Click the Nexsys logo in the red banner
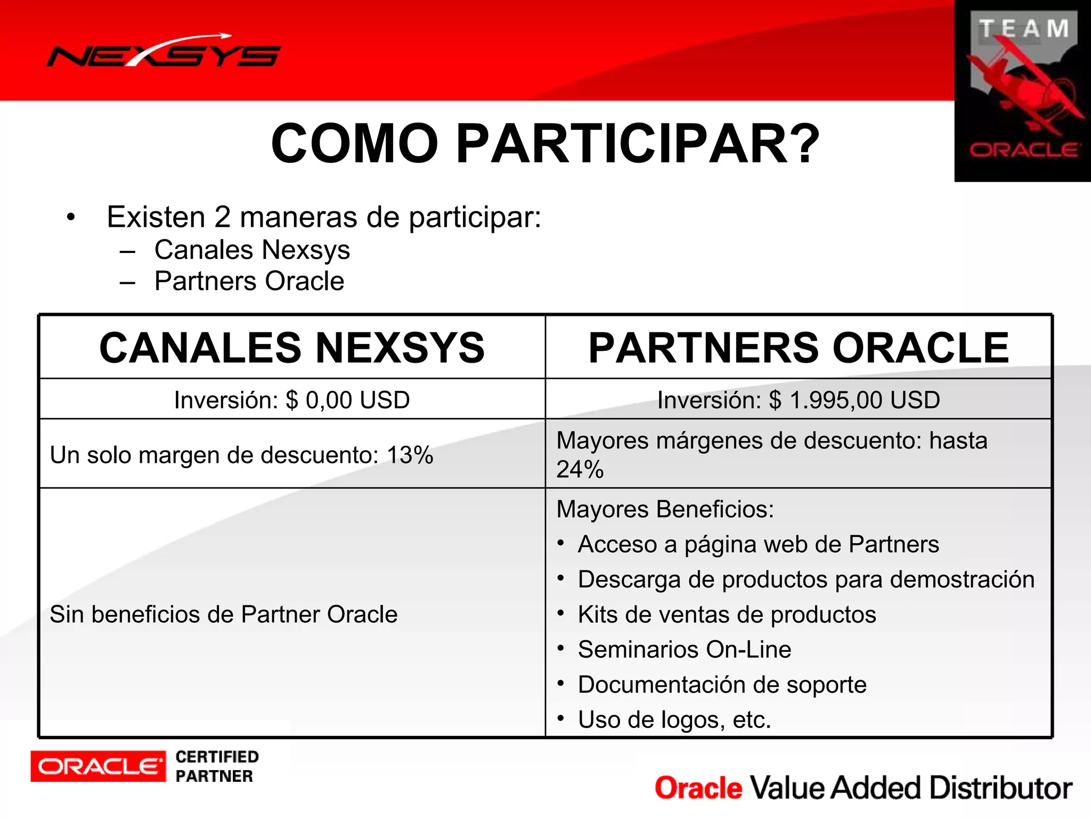(164, 53)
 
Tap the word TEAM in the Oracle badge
(1023, 29)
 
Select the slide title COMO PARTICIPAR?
(545, 144)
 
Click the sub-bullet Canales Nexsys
(252, 250)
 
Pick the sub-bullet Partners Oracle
(249, 281)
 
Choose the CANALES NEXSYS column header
(292, 348)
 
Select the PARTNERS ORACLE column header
(799, 348)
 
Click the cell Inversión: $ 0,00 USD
(292, 400)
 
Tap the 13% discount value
(410, 455)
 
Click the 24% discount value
(580, 470)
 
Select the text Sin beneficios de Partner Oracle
(224, 615)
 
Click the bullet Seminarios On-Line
(685, 650)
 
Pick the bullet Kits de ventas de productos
(727, 615)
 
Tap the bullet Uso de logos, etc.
(674, 720)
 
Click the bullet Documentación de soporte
(722, 685)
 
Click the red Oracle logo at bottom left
(98, 766)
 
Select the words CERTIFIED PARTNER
(217, 766)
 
